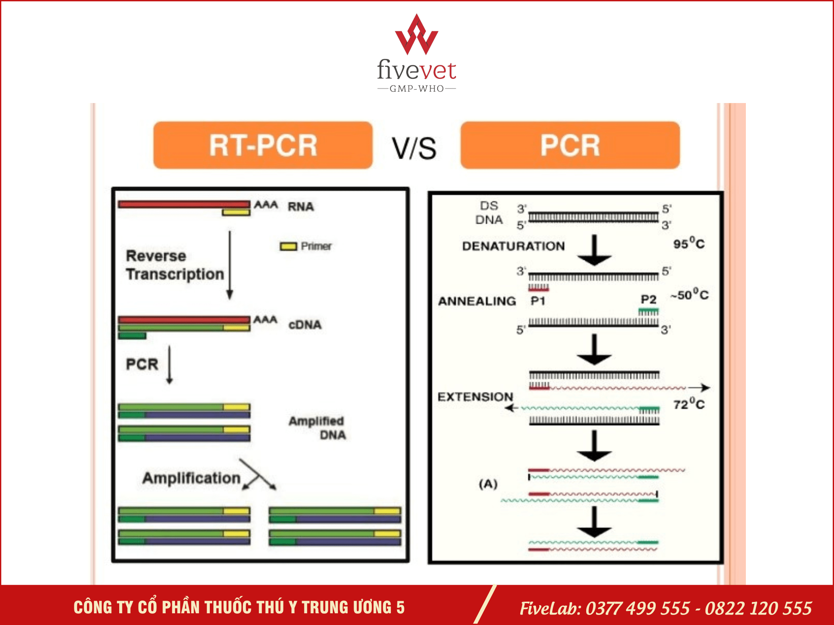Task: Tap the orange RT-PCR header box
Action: (x=263, y=145)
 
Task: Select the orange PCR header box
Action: (x=570, y=145)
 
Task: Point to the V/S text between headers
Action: (x=414, y=148)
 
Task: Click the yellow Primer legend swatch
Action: (x=288, y=246)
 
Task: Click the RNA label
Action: (x=301, y=207)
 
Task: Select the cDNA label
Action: (x=305, y=325)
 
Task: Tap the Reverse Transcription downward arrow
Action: (x=230, y=265)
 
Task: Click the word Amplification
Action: (x=192, y=478)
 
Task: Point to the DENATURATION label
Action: (x=513, y=246)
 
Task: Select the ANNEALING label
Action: (x=477, y=301)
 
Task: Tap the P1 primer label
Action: (x=538, y=301)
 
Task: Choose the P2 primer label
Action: (x=648, y=299)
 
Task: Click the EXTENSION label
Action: (x=475, y=397)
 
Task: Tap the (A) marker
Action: (x=488, y=484)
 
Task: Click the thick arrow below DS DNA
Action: (x=594, y=250)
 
